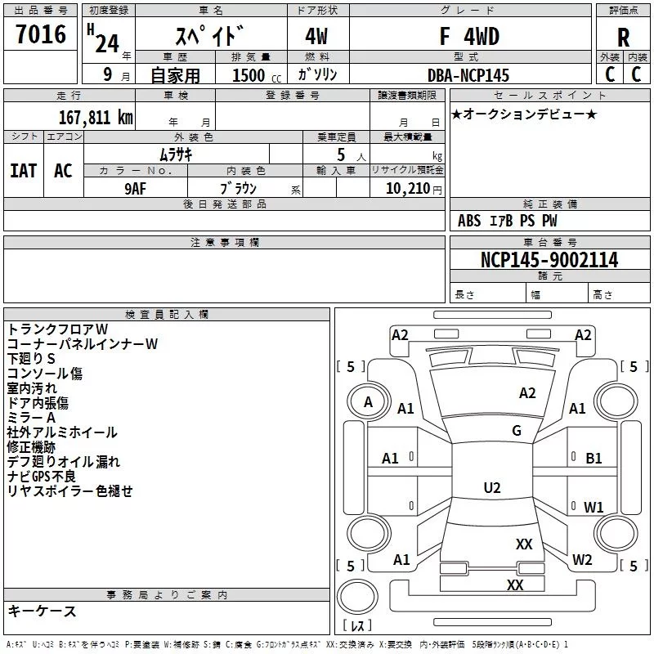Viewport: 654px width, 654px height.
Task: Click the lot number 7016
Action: pos(40,35)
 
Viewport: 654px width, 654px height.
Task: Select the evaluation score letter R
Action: pos(623,37)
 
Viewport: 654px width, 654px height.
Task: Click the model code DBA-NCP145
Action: pos(468,75)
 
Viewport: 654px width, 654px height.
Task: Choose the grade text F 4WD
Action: pos(468,37)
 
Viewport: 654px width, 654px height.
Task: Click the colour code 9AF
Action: pos(137,187)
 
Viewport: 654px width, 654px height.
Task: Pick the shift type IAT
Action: pos(24,170)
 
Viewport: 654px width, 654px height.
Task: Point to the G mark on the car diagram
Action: pos(517,431)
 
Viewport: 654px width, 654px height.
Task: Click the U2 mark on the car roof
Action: pos(492,488)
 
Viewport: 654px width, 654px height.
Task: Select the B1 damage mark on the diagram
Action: pos(594,459)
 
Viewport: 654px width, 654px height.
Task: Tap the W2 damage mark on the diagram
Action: pos(582,560)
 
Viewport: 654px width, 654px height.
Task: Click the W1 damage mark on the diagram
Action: pos(594,507)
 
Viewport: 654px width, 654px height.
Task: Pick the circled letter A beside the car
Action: pos(368,402)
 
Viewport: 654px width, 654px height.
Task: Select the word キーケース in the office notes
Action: pos(42,611)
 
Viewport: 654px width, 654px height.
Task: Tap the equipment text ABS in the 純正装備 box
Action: pos(469,221)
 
